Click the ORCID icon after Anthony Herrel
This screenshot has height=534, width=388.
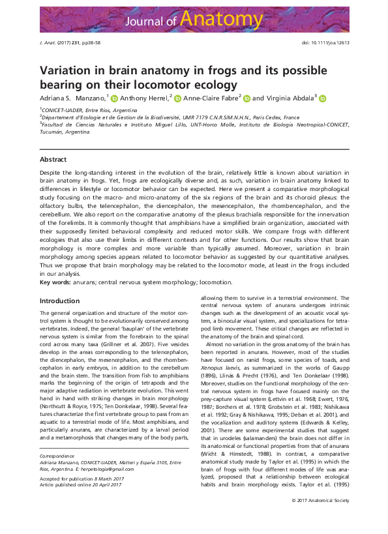(x=178, y=98)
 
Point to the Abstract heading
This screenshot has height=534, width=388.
(x=53, y=159)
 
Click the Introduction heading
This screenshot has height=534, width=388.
(x=60, y=301)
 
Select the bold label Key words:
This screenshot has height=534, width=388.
(x=56, y=282)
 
